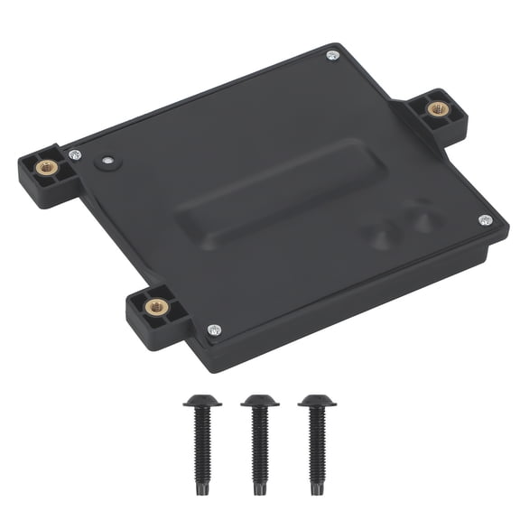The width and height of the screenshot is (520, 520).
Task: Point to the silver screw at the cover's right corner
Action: point(485,219)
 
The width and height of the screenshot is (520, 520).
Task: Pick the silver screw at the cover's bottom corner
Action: point(213,330)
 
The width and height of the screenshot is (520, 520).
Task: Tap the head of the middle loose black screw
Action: point(259,401)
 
